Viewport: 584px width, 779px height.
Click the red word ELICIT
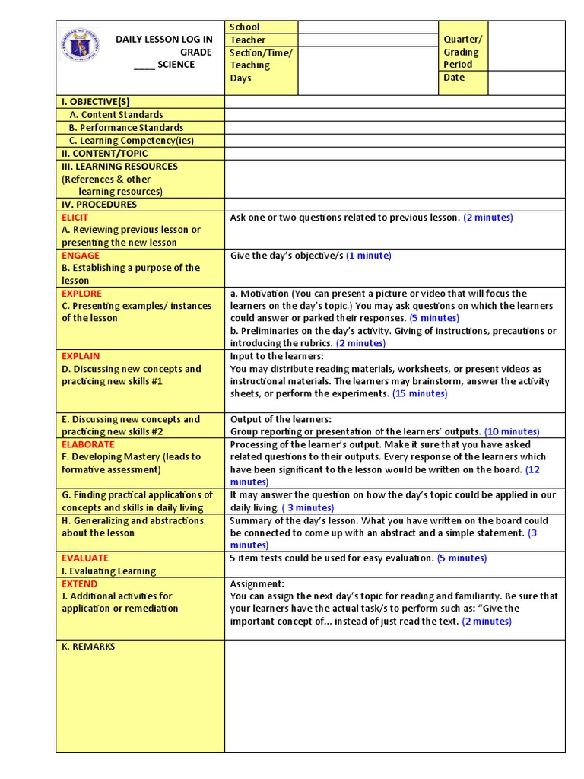point(75,217)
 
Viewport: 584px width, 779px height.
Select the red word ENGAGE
point(81,255)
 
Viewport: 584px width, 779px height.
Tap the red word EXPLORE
point(81,293)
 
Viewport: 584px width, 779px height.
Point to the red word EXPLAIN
point(81,356)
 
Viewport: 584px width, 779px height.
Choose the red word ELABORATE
point(88,444)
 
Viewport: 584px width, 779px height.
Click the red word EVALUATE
point(85,558)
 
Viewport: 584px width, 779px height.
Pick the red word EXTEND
point(80,583)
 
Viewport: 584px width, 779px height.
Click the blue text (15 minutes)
point(420,393)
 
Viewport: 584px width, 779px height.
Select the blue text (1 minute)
point(369,256)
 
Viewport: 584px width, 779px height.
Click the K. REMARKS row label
point(88,647)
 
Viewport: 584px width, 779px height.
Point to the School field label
point(244,27)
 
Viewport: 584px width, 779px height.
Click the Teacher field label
point(248,40)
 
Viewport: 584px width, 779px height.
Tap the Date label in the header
point(454,78)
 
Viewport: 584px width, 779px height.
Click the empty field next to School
point(367,27)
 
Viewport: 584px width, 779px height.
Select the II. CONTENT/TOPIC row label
point(105,153)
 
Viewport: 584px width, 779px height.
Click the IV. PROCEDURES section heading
point(100,204)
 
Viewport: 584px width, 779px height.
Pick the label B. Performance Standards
point(126,128)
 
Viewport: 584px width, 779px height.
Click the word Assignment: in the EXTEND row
point(258,583)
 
